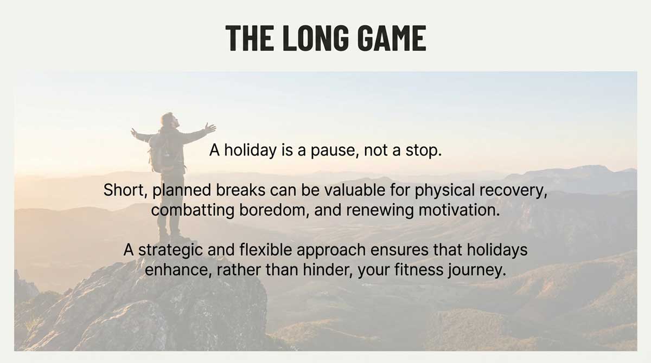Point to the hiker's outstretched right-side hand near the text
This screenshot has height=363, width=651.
point(210,128)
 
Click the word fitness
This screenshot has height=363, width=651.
point(419,270)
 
